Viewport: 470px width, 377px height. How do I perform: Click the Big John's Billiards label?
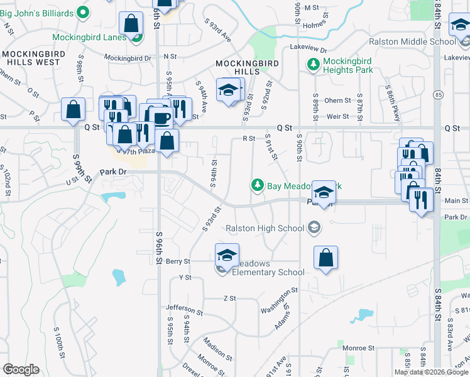pos(36,12)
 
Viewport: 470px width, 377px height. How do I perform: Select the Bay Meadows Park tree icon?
pos(257,185)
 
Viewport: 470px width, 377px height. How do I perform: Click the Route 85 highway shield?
pos(439,95)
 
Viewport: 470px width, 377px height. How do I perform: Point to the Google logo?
pos(21,369)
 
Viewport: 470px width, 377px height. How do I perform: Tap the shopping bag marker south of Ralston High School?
pos(325,258)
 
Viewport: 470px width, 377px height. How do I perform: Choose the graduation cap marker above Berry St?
pos(227,254)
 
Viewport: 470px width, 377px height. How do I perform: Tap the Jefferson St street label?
pos(185,309)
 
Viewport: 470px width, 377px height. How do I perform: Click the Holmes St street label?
pos(316,26)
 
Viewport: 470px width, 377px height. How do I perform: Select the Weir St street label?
pos(337,116)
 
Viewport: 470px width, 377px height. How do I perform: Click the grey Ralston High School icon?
pos(314,228)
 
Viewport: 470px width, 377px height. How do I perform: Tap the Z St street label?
pos(229,298)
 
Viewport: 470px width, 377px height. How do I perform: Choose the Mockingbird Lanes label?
pos(89,36)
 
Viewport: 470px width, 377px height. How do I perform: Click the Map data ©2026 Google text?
pos(431,372)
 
